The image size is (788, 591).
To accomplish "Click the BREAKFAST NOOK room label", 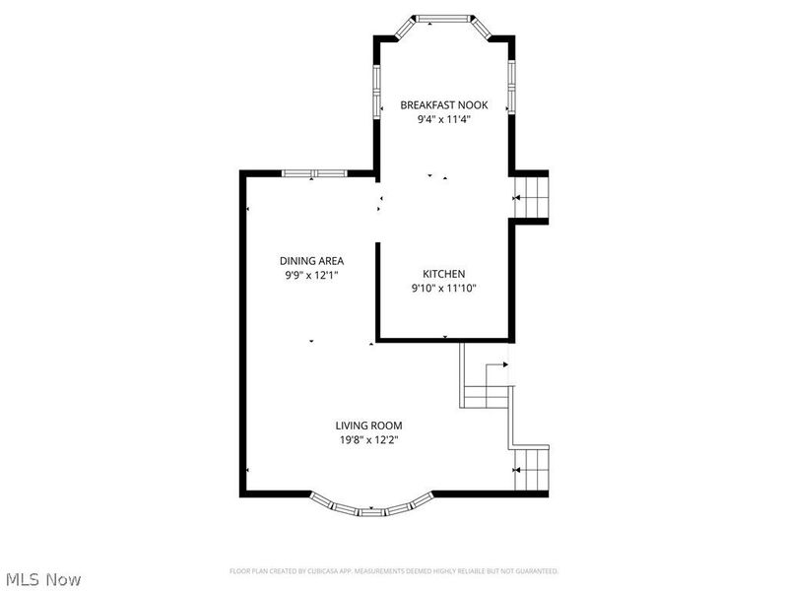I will pyautogui.click(x=442, y=104).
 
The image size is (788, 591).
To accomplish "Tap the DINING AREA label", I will pyautogui.click(x=310, y=261).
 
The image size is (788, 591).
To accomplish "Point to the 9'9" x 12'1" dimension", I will pyautogui.click(x=310, y=276).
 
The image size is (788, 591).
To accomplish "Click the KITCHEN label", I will pyautogui.click(x=443, y=274).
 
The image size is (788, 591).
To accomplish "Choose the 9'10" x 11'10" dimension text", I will pyautogui.click(x=443, y=289).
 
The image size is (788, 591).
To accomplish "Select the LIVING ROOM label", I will pyautogui.click(x=372, y=426).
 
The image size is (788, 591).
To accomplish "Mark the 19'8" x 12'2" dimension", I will pyautogui.click(x=372, y=440).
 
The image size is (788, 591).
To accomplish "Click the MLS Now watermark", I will pyautogui.click(x=43, y=579).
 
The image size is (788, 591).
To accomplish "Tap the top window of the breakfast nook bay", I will pyautogui.click(x=442, y=18).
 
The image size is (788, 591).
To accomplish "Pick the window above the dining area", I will pyautogui.click(x=313, y=173).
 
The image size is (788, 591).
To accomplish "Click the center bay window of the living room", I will pyautogui.click(x=372, y=512).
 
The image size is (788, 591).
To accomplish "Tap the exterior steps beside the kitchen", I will pyautogui.click(x=532, y=197).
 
